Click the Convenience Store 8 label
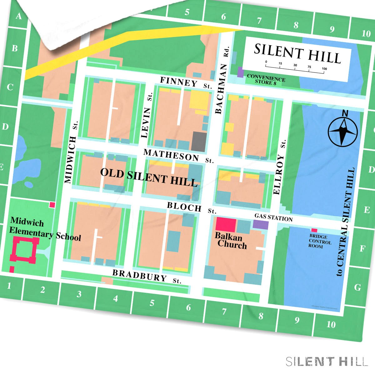(266, 79)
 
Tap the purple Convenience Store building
(240, 72)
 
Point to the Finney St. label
(186, 83)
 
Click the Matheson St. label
(178, 156)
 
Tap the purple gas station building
(261, 224)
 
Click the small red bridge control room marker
(314, 230)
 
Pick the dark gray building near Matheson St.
(199, 141)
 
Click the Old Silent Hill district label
(149, 177)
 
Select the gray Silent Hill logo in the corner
(327, 362)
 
